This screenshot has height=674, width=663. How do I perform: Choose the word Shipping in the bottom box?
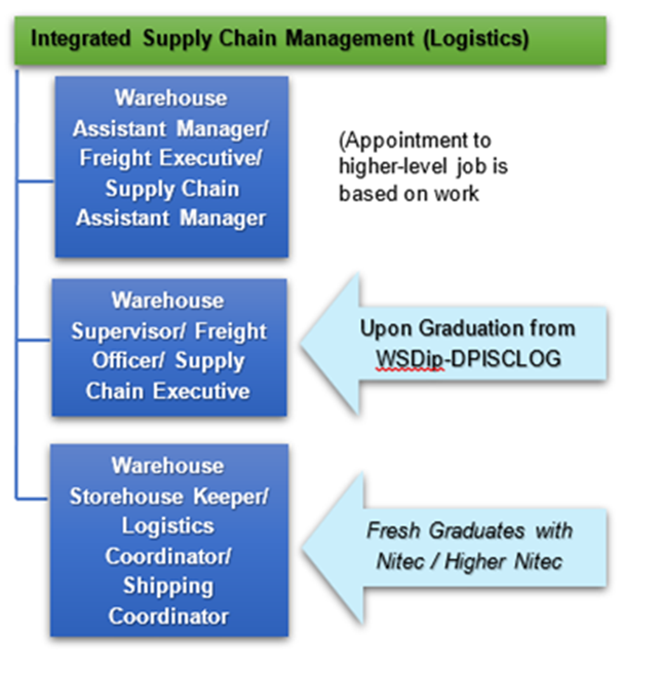[x=168, y=586]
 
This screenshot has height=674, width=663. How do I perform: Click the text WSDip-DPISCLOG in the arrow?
[x=468, y=359]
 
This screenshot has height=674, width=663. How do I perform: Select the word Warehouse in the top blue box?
[x=170, y=98]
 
